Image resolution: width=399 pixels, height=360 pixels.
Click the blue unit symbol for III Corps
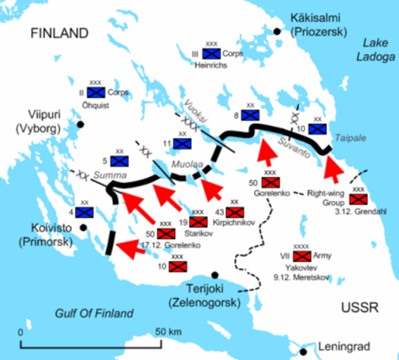[x=213, y=54]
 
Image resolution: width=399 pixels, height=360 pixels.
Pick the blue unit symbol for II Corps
[x=95, y=92]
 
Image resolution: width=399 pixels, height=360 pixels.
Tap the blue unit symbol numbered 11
[x=181, y=142]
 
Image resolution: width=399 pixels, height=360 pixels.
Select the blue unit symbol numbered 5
[x=118, y=160]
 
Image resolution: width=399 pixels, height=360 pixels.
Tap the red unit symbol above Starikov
[x=198, y=222]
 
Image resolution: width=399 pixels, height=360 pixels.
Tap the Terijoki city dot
[x=214, y=275]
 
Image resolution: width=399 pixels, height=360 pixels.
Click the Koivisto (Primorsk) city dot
[x=83, y=227]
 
